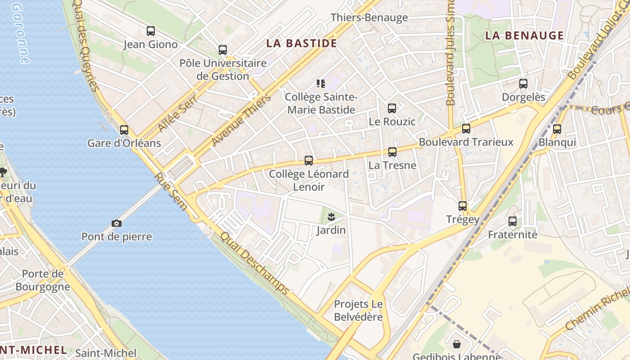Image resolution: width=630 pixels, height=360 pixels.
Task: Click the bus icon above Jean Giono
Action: point(151,31)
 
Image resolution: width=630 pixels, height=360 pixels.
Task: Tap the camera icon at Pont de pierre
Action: point(117,223)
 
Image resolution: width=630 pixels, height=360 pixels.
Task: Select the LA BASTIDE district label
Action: point(301,43)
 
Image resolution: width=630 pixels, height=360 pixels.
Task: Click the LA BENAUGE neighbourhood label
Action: point(524,36)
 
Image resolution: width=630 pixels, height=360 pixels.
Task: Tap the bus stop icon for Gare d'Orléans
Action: point(124,130)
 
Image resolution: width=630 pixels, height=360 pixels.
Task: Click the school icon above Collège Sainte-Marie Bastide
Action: point(321,84)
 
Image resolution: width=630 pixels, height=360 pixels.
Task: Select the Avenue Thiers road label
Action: point(241,120)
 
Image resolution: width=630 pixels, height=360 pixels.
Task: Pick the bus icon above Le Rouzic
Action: point(392,108)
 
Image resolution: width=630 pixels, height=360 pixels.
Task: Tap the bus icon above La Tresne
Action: point(392,152)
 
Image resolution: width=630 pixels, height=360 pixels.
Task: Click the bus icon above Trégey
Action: point(463,206)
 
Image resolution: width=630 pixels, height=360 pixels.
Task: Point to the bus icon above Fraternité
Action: point(513,221)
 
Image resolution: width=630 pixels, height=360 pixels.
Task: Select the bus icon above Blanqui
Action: point(557,129)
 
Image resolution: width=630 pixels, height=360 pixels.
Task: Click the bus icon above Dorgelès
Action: point(523,84)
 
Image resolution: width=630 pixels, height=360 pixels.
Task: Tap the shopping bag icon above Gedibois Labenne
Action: point(457,344)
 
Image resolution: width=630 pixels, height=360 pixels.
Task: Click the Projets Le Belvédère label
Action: point(358,310)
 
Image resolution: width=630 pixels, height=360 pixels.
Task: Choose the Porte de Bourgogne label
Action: point(43,280)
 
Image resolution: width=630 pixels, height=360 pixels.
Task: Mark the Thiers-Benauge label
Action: point(369,18)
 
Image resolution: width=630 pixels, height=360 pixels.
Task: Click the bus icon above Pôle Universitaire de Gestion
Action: point(223,50)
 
